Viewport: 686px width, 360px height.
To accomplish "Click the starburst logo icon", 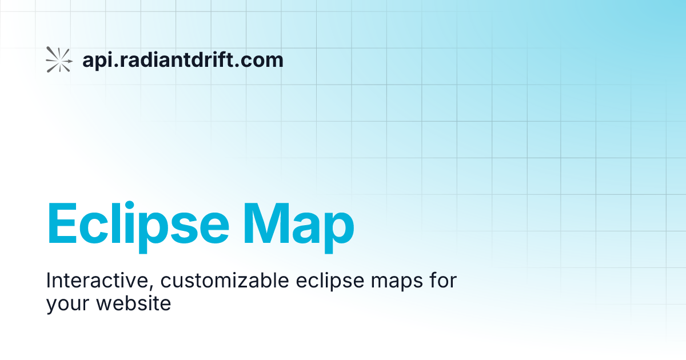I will pyautogui.click(x=59, y=59).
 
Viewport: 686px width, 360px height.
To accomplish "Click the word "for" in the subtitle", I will pyautogui.click(x=441, y=281).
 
